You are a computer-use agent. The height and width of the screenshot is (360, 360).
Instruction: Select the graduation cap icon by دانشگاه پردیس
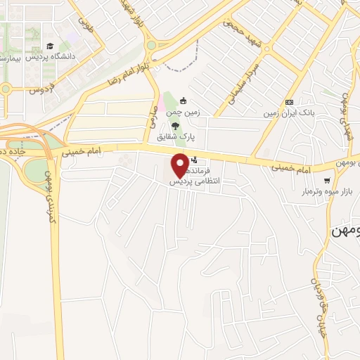[51, 46]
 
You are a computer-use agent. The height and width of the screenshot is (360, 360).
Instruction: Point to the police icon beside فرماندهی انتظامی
[194, 160]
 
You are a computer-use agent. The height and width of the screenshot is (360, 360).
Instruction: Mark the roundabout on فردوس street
[6, 89]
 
